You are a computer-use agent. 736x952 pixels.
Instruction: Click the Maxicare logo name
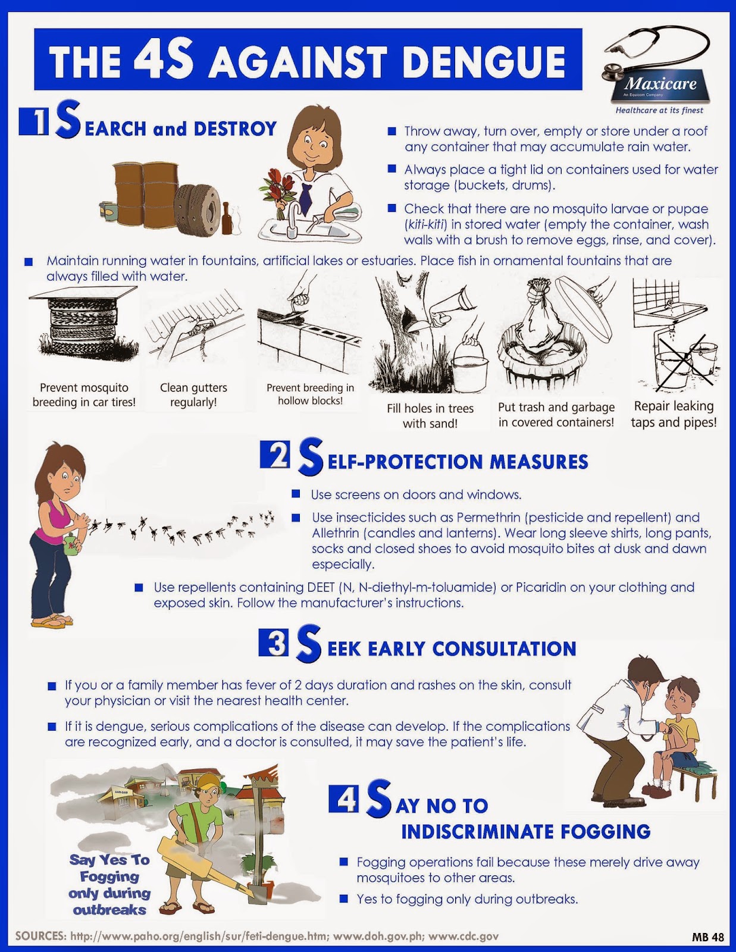click(x=660, y=83)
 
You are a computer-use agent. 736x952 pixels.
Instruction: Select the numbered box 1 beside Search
click(x=34, y=122)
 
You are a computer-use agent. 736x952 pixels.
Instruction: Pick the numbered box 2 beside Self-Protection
click(x=275, y=455)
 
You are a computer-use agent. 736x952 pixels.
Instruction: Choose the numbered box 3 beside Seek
click(x=273, y=642)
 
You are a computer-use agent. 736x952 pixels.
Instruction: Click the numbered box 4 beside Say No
click(x=343, y=798)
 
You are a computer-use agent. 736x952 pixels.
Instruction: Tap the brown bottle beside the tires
click(x=227, y=218)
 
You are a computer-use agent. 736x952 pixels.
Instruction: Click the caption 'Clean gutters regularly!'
click(x=193, y=394)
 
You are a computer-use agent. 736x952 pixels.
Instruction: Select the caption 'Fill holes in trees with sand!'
click(x=430, y=416)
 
